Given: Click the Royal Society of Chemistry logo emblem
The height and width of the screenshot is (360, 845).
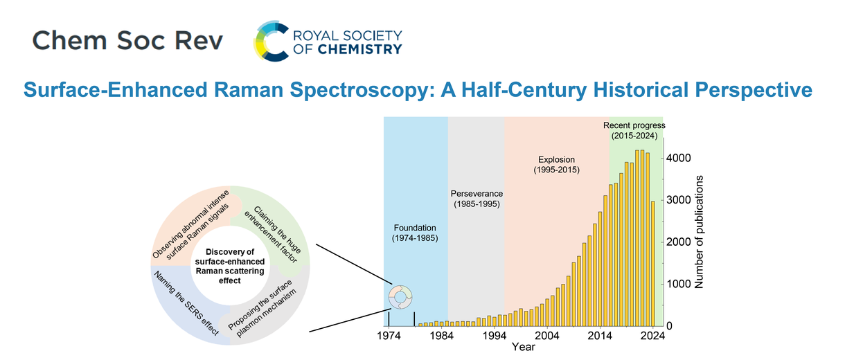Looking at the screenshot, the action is pyautogui.click(x=272, y=41).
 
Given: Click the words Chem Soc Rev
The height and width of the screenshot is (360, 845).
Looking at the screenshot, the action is pyautogui.click(x=127, y=41).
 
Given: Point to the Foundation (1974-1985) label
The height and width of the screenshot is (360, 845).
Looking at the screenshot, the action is pyautogui.click(x=415, y=233).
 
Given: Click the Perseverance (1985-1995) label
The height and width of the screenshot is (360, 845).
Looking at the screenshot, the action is pyautogui.click(x=477, y=199).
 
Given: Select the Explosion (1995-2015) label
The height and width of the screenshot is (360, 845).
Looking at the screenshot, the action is pyautogui.click(x=556, y=165).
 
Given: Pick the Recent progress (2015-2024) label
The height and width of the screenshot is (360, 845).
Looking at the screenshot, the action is pyautogui.click(x=634, y=130).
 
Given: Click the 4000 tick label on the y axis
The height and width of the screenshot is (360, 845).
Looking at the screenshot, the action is pyautogui.click(x=678, y=158).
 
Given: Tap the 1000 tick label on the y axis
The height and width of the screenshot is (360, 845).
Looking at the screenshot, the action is pyautogui.click(x=678, y=284).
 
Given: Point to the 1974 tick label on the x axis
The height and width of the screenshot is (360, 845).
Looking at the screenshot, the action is pyautogui.click(x=389, y=336).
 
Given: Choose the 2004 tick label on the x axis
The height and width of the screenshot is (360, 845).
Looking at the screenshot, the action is pyautogui.click(x=547, y=336).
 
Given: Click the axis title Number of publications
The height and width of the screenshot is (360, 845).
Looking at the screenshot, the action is pyautogui.click(x=699, y=232).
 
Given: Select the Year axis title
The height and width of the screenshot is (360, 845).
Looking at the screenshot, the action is pyautogui.click(x=523, y=347).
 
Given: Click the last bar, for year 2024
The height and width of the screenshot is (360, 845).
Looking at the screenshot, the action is pyautogui.click(x=652, y=264).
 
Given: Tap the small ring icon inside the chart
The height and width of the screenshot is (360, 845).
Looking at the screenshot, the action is pyautogui.click(x=400, y=297).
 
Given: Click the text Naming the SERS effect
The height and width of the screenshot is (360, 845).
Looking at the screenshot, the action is pyautogui.click(x=186, y=303).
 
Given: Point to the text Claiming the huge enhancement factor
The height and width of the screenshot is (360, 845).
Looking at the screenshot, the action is pyautogui.click(x=273, y=235).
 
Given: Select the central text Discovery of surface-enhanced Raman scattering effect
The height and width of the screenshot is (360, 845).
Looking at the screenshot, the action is pyautogui.click(x=230, y=266).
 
